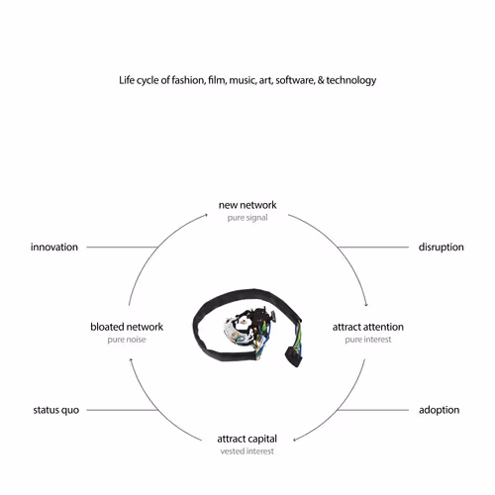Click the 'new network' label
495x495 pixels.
point(247,205)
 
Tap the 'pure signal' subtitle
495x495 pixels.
point(247,218)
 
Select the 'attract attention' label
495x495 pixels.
point(368,327)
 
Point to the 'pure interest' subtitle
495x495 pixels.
point(368,340)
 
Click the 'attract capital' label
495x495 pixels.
point(247,439)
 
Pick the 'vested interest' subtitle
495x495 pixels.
point(247,451)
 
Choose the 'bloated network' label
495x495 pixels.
point(127,327)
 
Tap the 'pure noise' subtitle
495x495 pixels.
point(127,340)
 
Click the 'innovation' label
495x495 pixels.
point(54,247)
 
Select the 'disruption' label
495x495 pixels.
point(442,247)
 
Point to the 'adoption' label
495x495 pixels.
point(440,410)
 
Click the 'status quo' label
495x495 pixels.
point(56,410)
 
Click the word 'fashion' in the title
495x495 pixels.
point(188,80)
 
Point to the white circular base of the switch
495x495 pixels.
point(235,330)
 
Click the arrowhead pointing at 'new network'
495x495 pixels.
point(206,215)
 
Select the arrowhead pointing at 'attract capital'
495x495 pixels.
point(295,440)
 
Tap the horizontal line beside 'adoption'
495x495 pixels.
point(373,410)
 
